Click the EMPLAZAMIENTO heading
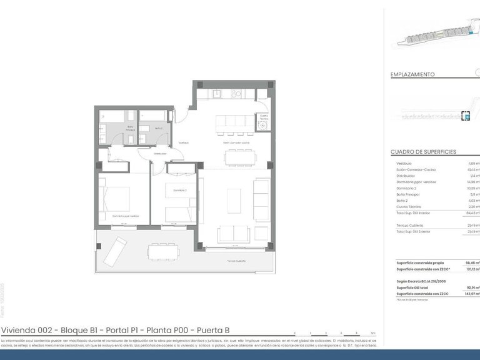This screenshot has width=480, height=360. (412, 74)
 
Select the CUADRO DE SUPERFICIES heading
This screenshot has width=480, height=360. (423, 152)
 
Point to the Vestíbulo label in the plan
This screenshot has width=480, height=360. (184, 142)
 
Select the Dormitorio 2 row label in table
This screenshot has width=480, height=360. (408, 187)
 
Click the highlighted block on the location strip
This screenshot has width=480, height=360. (465, 116)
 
